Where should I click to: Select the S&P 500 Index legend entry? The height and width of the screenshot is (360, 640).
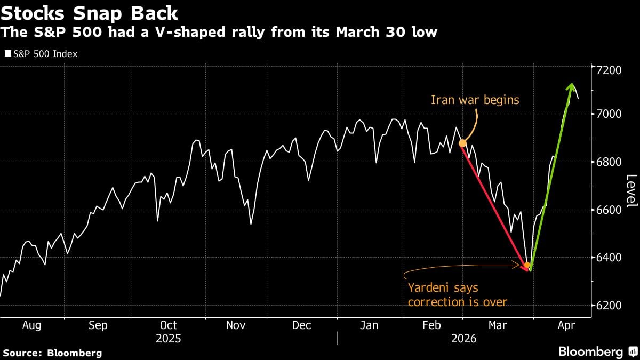[x=41, y=54]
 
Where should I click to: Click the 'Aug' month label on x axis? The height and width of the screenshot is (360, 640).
[x=32, y=325]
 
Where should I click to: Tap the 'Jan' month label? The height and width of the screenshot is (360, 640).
[x=369, y=325]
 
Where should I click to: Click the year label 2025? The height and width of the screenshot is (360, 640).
[x=169, y=339]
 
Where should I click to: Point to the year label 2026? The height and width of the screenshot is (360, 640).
[x=463, y=339]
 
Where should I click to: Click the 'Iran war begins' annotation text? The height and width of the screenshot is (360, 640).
[x=475, y=100]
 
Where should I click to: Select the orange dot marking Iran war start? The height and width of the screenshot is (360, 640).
[x=462, y=143]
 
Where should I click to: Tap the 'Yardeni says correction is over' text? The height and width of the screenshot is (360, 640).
[x=457, y=295]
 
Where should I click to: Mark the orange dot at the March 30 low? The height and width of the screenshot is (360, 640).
[x=527, y=265]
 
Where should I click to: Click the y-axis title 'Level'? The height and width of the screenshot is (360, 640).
[x=631, y=190]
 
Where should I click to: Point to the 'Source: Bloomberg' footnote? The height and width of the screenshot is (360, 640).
[x=52, y=353]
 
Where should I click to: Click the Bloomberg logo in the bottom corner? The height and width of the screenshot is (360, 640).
[x=597, y=352]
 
